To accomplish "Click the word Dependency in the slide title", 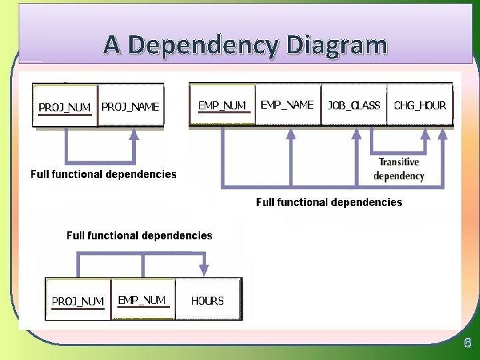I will pos(202,45).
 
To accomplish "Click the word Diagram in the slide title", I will pos(337,45).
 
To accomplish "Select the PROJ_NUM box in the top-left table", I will pos(65,106).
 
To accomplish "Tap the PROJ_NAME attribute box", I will pos(131,106).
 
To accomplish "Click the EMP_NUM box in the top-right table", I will pos(223,105).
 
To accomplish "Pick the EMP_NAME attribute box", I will pos(287,105).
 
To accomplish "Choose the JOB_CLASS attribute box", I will pos(353,105).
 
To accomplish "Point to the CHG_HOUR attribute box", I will pos(420,105).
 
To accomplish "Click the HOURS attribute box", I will pos(207,301).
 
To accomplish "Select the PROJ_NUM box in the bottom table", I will pos(78,301).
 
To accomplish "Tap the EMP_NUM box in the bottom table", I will pos(142,300).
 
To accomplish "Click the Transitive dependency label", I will pos(399,169).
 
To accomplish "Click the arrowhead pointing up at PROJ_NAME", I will pos(134,134).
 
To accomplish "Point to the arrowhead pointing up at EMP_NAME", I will pos(291,133).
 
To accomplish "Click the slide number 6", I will pos(467,343).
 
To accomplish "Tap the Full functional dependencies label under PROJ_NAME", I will pos(103,175).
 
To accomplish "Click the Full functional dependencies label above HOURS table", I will pos(139,235).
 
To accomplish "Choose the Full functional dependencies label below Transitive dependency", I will pos(329,202).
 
